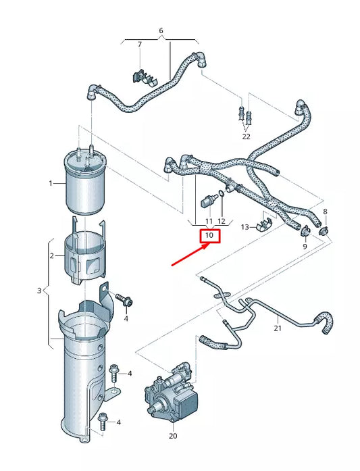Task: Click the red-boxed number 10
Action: point(209,236)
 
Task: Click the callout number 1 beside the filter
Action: point(51,183)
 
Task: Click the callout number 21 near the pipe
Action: point(277,328)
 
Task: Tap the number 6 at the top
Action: point(161,31)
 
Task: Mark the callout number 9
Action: point(305,247)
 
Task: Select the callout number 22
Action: point(246,136)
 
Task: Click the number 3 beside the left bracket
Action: point(39,291)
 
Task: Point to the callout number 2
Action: point(51,256)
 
